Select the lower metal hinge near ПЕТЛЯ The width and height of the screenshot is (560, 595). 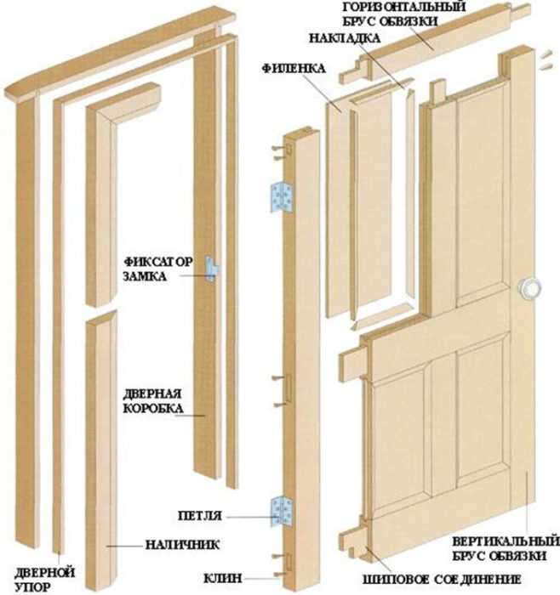[280, 512]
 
